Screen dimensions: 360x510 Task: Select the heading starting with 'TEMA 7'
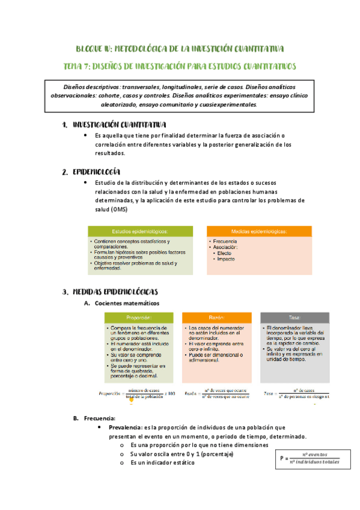(x=180, y=66)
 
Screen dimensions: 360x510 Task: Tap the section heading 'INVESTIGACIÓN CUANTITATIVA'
(x=119, y=125)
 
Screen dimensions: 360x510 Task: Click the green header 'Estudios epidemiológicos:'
(x=139, y=231)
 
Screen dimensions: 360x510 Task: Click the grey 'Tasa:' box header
(x=295, y=318)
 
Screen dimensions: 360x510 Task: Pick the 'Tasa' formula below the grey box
(x=296, y=394)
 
